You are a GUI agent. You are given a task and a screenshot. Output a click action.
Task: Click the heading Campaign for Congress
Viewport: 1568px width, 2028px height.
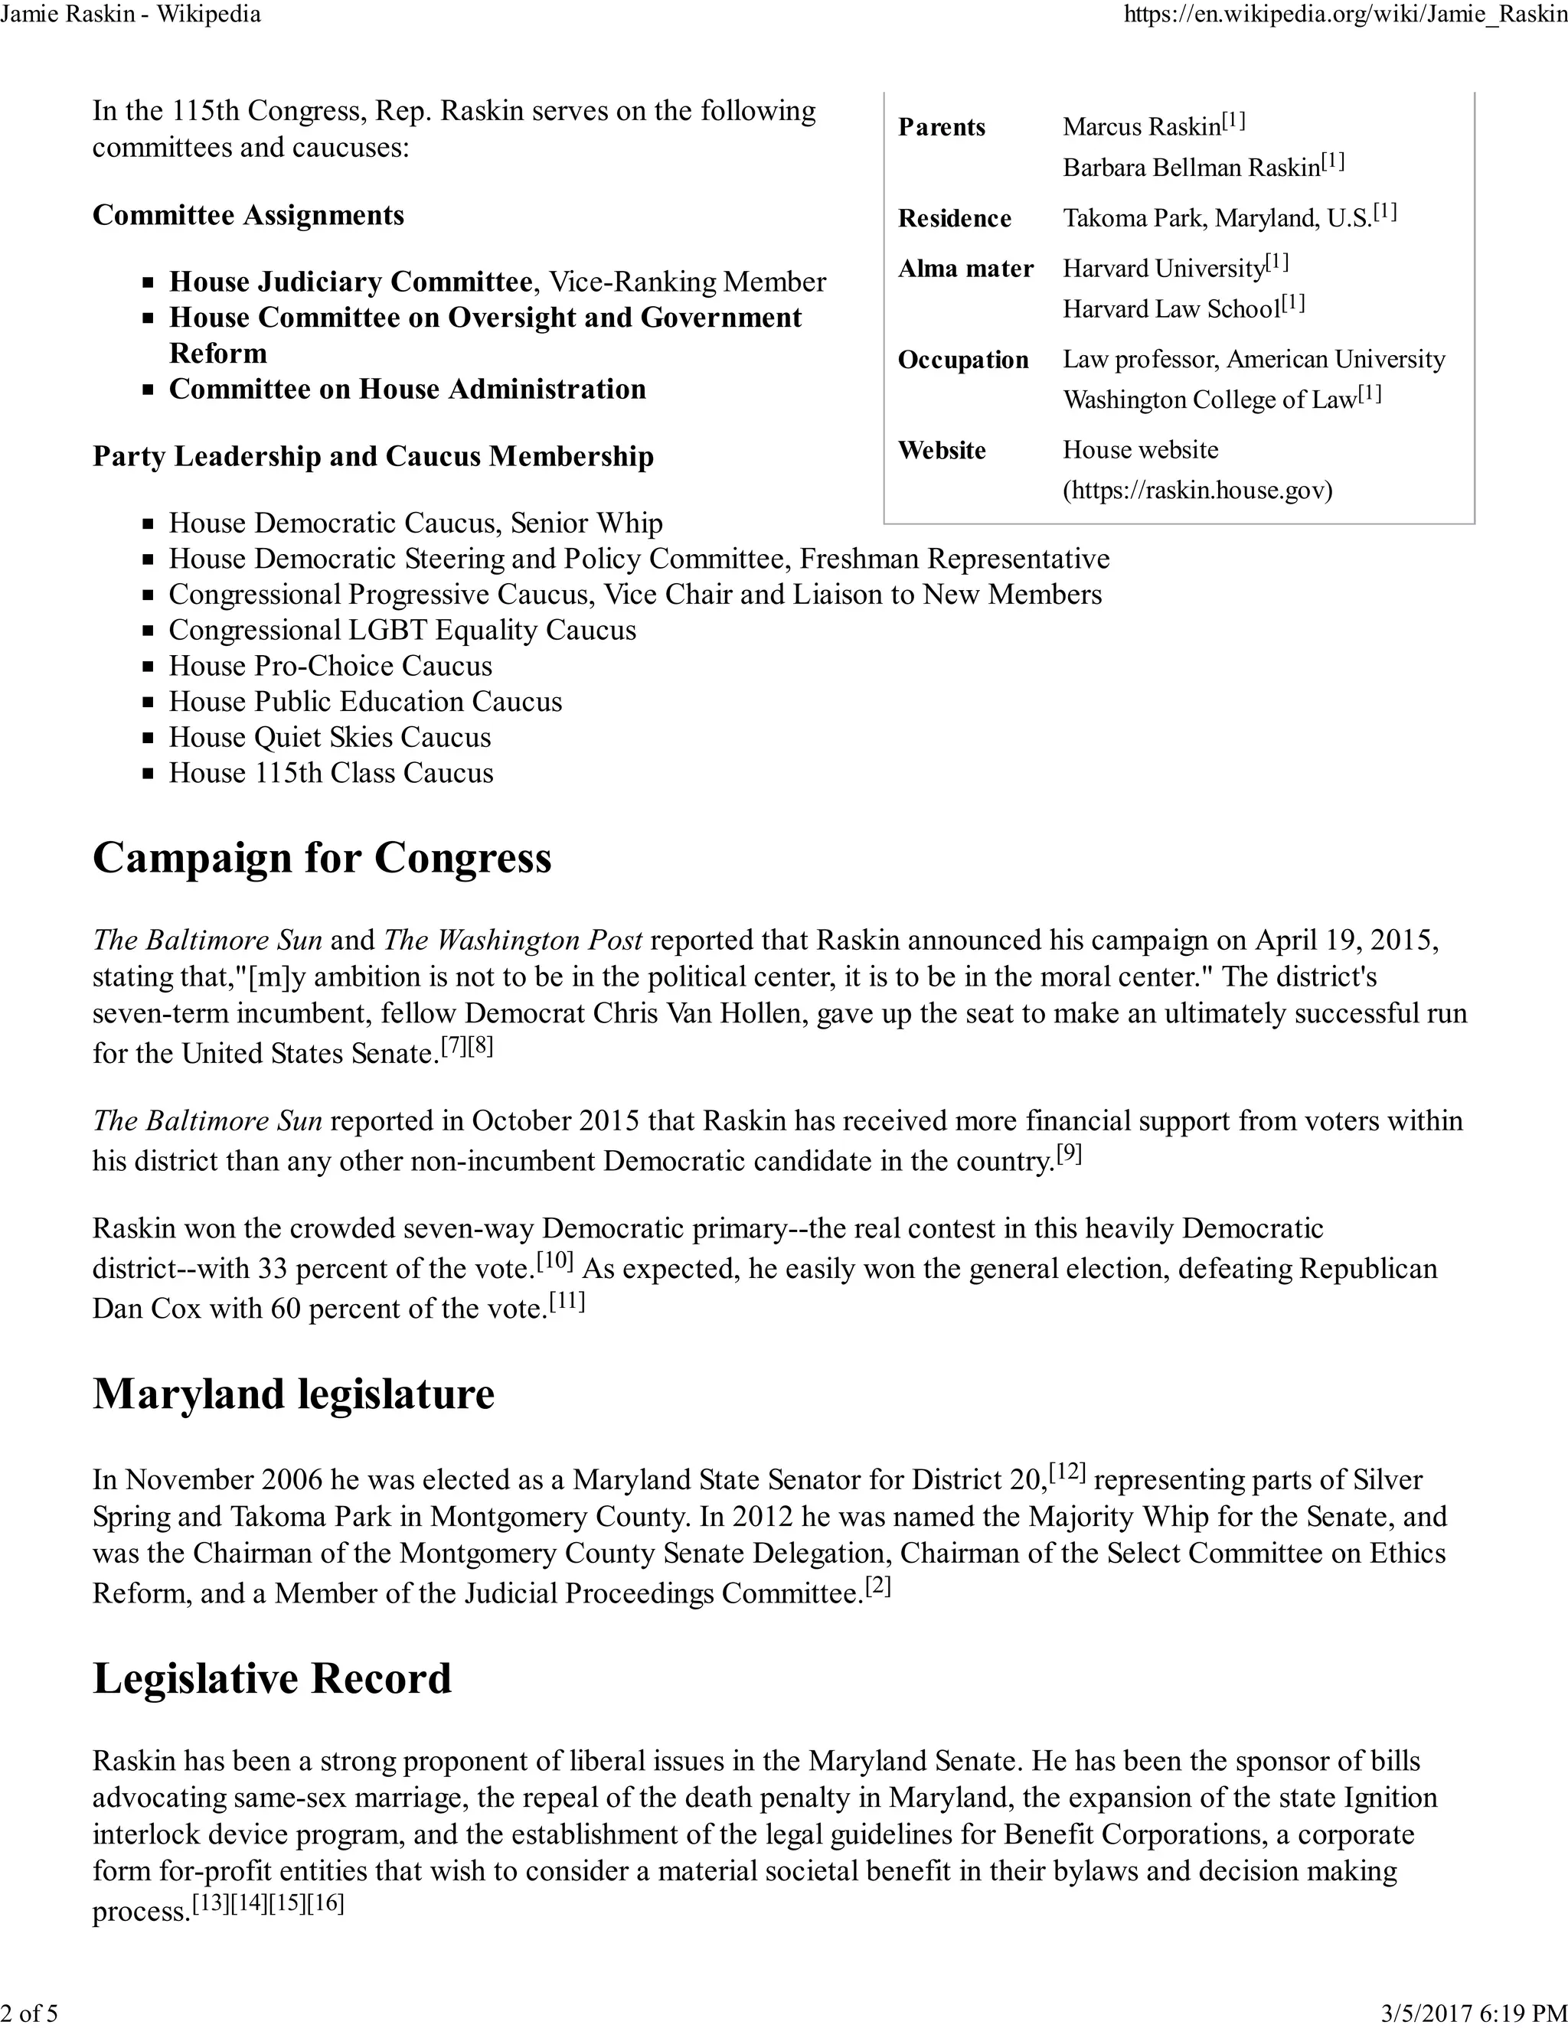[322, 857]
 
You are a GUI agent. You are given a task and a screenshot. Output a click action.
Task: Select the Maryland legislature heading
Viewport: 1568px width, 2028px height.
[293, 1394]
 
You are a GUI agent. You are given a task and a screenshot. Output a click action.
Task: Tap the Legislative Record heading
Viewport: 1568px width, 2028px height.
[271, 1679]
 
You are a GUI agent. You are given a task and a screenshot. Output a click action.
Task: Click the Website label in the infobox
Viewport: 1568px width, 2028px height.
[941, 450]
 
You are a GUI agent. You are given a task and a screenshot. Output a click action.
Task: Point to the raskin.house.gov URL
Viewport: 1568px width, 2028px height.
[1197, 491]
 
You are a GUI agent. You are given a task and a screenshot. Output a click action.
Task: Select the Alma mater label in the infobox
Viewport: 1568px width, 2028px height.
[965, 269]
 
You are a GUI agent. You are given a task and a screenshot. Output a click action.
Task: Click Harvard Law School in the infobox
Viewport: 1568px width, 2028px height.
[1171, 308]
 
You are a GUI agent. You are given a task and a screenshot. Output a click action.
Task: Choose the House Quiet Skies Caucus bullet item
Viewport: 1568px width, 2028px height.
[330, 737]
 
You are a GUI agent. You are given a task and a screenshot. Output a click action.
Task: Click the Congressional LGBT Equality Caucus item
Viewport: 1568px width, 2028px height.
[402, 631]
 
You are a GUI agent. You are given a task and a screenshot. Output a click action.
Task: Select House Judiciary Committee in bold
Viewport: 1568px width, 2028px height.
[350, 282]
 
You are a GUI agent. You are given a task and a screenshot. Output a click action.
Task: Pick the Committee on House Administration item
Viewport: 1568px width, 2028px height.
[407, 389]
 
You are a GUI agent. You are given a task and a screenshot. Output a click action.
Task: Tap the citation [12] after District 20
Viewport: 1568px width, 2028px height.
[1067, 1472]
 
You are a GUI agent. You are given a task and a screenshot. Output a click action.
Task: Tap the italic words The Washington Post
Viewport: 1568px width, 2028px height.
[513, 941]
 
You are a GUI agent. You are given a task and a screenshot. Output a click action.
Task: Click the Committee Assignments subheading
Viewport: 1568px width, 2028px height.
[248, 216]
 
